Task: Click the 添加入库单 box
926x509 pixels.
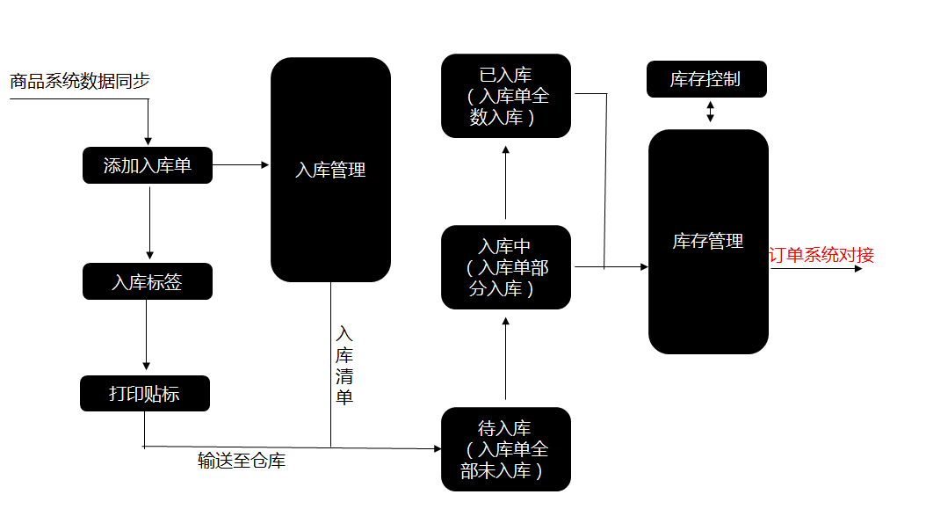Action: pos(148,165)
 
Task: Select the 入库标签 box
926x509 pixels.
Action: pos(148,281)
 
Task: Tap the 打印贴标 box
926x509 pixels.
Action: pos(145,393)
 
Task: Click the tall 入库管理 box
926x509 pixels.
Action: pos(330,170)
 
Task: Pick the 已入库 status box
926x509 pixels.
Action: pos(506,96)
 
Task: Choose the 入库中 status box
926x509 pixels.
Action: pos(506,267)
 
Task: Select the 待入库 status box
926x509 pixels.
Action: pos(506,449)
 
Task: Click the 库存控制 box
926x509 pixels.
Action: pos(706,79)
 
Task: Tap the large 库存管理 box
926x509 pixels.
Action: pos(708,241)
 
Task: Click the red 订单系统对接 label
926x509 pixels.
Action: pos(822,255)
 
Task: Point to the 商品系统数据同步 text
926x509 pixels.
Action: pos(80,81)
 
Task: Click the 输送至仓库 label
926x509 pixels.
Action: pos(241,461)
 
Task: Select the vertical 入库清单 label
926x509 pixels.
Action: pos(344,366)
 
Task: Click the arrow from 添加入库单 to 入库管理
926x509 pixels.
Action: pos(241,164)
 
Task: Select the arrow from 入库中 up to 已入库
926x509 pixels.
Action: pos(506,183)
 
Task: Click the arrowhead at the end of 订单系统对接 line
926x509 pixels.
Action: pos(858,268)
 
